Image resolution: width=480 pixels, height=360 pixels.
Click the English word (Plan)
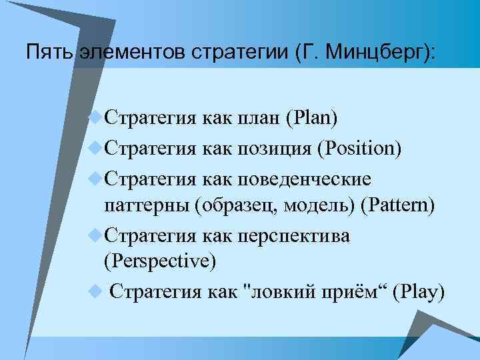coord(311,119)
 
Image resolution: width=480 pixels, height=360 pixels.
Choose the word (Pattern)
coord(397,206)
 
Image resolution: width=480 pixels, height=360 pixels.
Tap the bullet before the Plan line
coord(96,118)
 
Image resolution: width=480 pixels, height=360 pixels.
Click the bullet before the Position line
coord(96,147)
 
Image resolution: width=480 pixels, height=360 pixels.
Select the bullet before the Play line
coord(96,291)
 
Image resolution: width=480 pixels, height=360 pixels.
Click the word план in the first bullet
coord(258,119)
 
